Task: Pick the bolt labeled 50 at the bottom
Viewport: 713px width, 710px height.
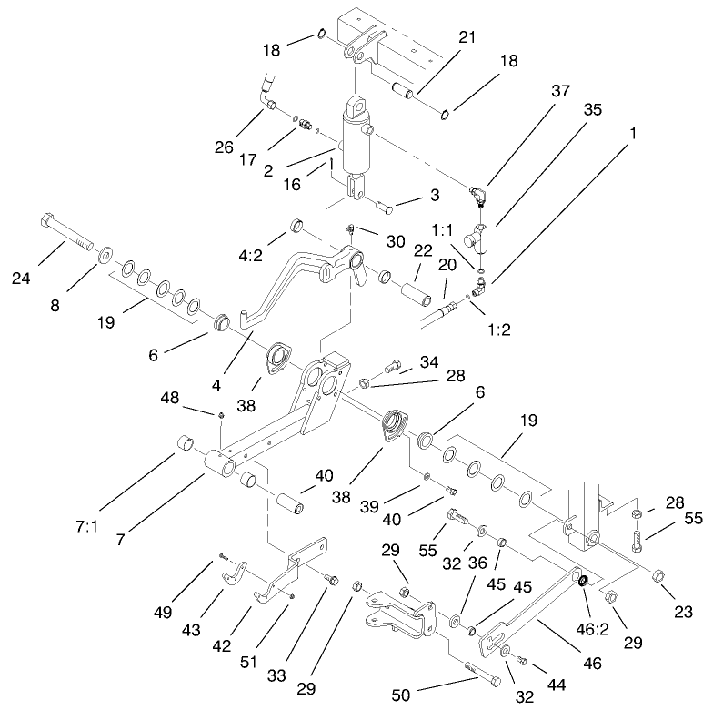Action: coord(481,676)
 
